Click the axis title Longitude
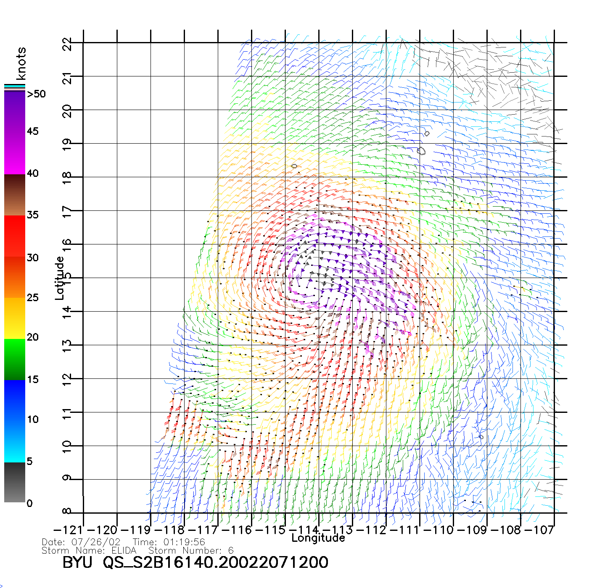(x=318, y=538)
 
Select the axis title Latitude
(x=60, y=278)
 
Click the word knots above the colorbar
(x=21, y=63)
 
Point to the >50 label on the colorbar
(x=36, y=94)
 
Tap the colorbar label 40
(x=33, y=173)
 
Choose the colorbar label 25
(x=33, y=298)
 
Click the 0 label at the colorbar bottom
(x=29, y=503)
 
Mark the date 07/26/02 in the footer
(x=96, y=542)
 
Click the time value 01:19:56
(x=184, y=542)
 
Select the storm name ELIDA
(x=124, y=551)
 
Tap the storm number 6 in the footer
(x=230, y=551)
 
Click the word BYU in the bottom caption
(x=77, y=562)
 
